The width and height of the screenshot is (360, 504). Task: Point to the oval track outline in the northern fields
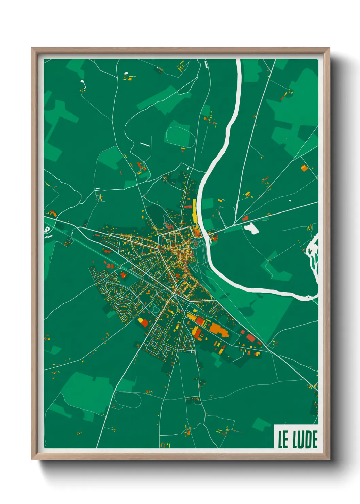180,137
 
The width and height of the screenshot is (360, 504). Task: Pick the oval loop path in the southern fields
127,399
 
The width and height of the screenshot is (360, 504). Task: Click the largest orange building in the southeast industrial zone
218,329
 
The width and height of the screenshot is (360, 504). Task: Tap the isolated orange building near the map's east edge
304,168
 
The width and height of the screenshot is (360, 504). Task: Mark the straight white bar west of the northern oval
145,144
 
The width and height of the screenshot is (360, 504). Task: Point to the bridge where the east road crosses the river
206,235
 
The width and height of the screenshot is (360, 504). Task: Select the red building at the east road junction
245,218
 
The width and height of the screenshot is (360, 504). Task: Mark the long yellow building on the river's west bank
194,210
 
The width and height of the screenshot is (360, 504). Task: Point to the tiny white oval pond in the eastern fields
290,200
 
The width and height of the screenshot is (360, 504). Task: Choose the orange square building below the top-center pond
129,78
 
